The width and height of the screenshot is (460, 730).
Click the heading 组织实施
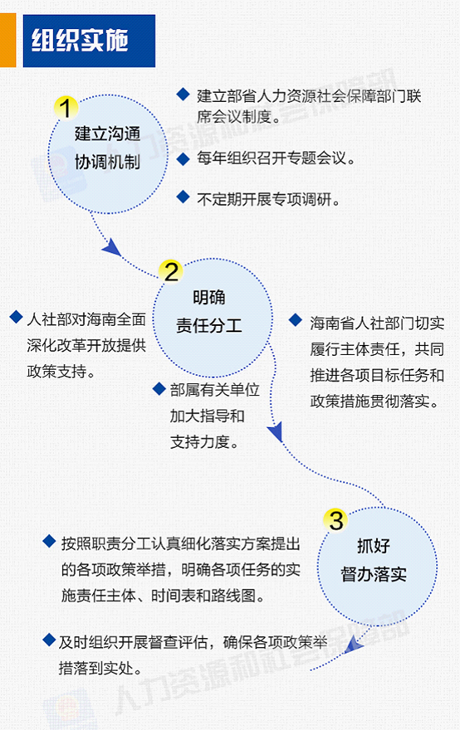tap(80, 41)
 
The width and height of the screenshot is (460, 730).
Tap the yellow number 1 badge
tap(66, 108)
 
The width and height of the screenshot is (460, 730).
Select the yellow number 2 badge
tap(170, 272)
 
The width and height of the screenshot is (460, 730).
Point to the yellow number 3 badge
tap(336, 520)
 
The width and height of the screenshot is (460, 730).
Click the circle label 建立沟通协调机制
tap(108, 148)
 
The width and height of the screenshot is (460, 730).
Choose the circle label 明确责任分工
tap(208, 311)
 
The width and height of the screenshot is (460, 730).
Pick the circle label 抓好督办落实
tap(374, 560)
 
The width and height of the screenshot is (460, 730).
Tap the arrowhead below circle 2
tap(276, 431)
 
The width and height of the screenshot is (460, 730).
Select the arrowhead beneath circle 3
tap(353, 645)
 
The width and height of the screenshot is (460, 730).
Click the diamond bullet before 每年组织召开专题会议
tap(184, 158)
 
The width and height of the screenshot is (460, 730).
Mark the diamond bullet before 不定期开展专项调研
tap(184, 197)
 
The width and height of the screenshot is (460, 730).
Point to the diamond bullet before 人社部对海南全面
tap(17, 318)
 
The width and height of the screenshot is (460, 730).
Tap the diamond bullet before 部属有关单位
tap(159, 389)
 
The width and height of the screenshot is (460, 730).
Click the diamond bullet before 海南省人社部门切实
tap(296, 320)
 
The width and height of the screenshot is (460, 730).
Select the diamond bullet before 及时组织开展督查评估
tap(49, 640)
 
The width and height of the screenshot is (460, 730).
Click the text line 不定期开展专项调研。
tap(268, 200)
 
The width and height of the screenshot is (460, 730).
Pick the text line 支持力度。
tap(204, 442)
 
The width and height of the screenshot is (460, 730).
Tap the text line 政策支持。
tap(61, 371)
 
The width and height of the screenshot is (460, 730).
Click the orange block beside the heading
tap(8, 41)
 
